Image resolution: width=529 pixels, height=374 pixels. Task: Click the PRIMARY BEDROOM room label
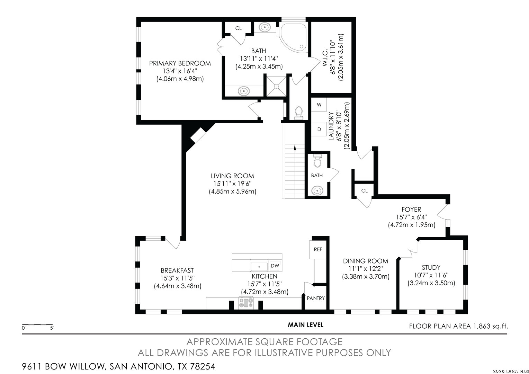(x=180, y=63)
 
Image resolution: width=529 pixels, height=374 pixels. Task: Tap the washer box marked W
(x=319, y=105)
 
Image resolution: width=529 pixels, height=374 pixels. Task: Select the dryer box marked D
(x=319, y=129)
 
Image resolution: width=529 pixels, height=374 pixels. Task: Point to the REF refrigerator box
(x=318, y=249)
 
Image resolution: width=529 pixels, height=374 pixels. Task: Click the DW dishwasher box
(x=275, y=266)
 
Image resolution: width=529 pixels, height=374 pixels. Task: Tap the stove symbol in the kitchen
(x=246, y=303)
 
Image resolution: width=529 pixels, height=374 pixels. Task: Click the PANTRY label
(x=316, y=298)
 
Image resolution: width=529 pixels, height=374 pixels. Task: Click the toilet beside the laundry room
(x=299, y=113)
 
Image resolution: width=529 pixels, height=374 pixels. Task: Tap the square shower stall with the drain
(x=276, y=86)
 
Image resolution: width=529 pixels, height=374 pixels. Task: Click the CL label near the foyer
(x=365, y=191)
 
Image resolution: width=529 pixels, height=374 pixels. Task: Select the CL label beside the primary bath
(x=239, y=28)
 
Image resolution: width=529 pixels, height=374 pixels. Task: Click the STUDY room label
(x=431, y=267)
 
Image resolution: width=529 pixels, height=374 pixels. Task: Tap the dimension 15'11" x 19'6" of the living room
(x=232, y=184)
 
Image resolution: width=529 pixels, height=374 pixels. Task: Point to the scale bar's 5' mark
(x=52, y=328)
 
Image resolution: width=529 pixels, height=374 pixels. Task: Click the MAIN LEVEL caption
(x=305, y=325)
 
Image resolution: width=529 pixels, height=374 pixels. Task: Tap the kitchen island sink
(x=259, y=267)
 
